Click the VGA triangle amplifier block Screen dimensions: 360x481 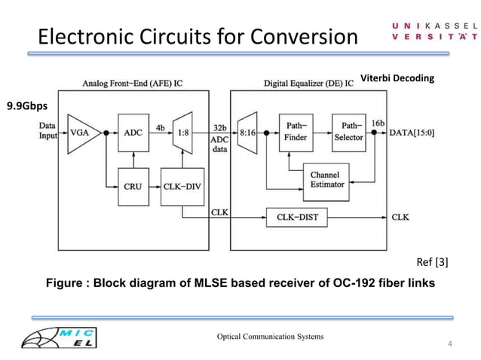pos(77,133)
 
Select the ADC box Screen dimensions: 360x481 pos(133,133)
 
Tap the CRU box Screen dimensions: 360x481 pos(133,183)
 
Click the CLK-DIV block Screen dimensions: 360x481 pos(182,183)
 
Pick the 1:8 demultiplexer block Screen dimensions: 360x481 pos(182,133)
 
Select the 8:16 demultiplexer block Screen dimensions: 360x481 pos(248,133)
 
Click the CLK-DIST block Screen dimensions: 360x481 pos(296,217)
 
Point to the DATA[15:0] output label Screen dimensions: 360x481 pos(413,133)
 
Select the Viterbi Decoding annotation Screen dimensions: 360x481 pos(398,78)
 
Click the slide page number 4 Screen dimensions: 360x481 pos(450,344)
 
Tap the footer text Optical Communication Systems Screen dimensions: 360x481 pos(271,335)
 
